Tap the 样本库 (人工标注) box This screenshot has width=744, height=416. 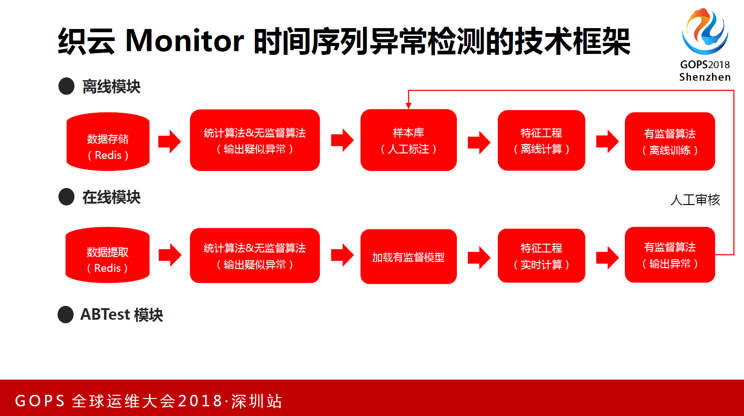[408, 140]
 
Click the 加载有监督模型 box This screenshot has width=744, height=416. [408, 257]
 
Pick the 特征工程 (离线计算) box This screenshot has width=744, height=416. [541, 140]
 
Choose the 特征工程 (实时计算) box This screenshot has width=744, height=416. [541, 256]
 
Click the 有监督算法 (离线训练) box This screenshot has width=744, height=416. [669, 141]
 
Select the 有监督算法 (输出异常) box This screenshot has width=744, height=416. [669, 255]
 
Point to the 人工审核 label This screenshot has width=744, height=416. [695, 200]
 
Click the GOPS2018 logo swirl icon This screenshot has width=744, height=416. [704, 31]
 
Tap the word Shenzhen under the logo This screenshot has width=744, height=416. [704, 77]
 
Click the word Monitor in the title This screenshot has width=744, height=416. [184, 41]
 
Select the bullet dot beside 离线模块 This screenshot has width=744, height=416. [67, 86]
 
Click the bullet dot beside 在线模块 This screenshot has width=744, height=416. [67, 197]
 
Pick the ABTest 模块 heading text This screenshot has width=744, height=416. [121, 315]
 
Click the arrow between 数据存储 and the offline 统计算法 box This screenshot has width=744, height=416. [169, 141]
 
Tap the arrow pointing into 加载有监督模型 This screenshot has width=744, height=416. [342, 255]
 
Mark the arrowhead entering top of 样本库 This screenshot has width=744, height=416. [408, 105]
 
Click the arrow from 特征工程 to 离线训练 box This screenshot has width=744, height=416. [607, 141]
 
